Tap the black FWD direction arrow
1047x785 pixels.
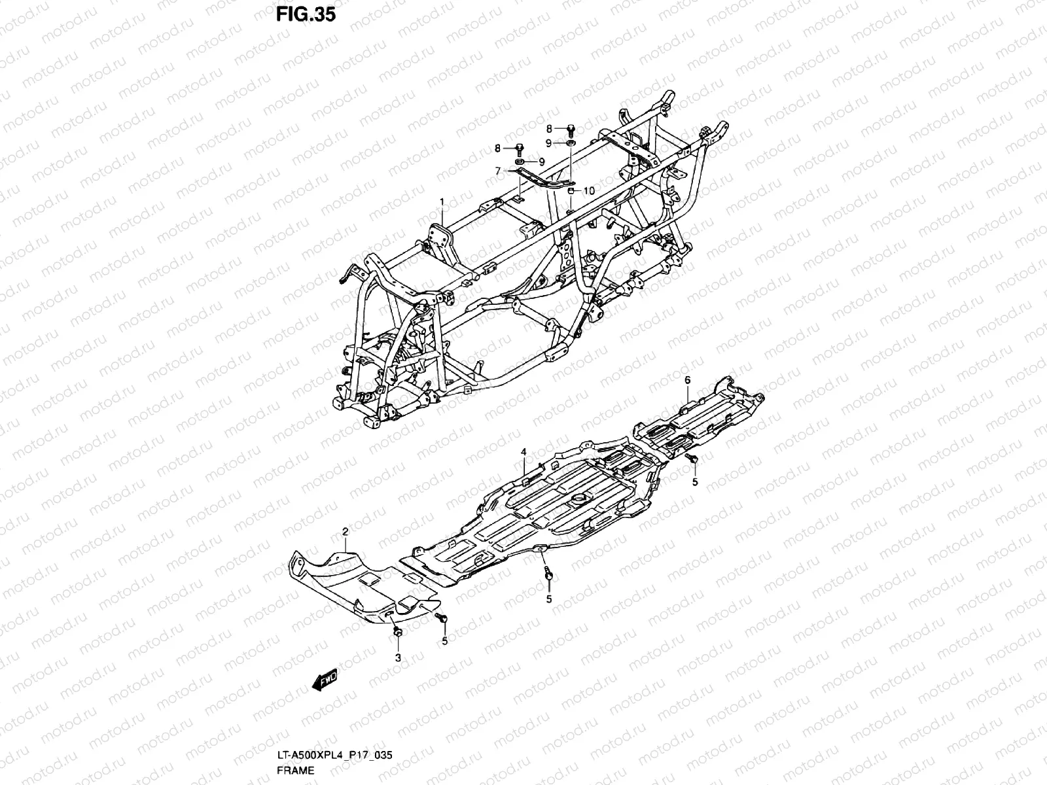click(x=325, y=682)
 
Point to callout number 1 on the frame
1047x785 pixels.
click(x=442, y=201)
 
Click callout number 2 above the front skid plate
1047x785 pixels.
click(x=345, y=534)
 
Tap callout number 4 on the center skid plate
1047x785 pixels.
click(x=523, y=452)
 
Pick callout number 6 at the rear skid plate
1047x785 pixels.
click(x=687, y=380)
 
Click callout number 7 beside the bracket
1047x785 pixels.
click(x=498, y=171)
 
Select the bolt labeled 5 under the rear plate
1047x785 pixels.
click(x=692, y=461)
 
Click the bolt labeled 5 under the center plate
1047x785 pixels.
click(x=548, y=575)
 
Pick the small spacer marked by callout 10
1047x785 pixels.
click(x=571, y=190)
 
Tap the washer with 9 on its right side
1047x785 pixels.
click(x=520, y=162)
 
